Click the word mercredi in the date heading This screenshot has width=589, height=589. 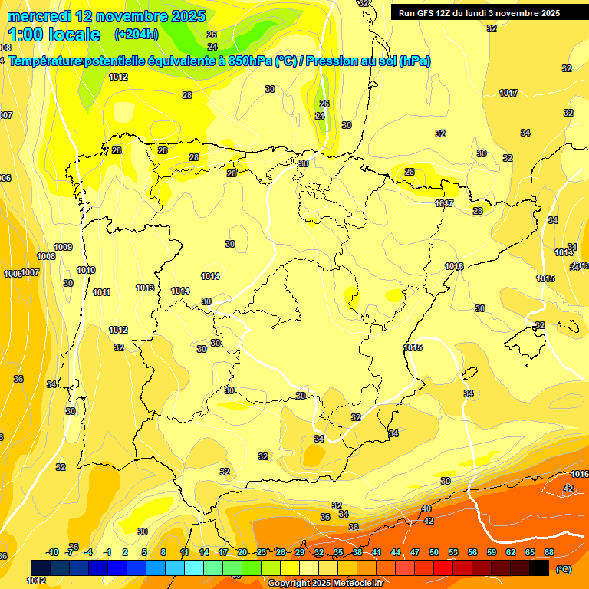[x=41, y=15]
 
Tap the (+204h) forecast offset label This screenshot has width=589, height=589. [x=136, y=34]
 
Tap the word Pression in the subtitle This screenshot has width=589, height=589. [x=334, y=61]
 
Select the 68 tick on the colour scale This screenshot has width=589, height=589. [x=549, y=552]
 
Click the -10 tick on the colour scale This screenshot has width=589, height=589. [x=52, y=552]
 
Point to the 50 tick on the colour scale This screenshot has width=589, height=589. [x=434, y=552]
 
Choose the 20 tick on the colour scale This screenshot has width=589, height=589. [x=242, y=552]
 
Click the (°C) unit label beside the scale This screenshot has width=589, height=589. [x=563, y=569]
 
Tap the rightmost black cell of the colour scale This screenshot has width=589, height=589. [x=540, y=568]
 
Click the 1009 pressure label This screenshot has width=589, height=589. [x=63, y=247]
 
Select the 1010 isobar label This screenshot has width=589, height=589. [x=86, y=270]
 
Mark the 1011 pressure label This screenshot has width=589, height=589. [x=101, y=292]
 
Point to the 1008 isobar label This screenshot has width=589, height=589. [x=46, y=256]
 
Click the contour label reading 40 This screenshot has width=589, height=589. [x=426, y=508]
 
